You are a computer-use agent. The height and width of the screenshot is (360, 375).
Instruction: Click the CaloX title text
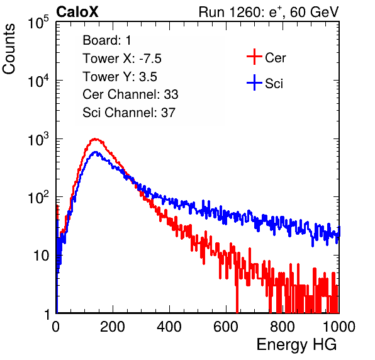[x=77, y=12]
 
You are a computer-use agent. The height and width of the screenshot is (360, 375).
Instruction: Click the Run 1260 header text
[x=269, y=12]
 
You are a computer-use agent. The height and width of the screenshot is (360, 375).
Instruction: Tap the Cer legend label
[x=275, y=58]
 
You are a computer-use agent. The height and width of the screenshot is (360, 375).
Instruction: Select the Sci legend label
[x=274, y=84]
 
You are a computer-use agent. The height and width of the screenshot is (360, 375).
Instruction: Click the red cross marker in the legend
[x=254, y=57]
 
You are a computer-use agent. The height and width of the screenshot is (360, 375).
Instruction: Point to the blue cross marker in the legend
[x=254, y=82]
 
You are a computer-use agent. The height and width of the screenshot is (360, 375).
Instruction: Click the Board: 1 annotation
[x=107, y=40]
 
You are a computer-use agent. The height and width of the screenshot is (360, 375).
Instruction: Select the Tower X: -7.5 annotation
[x=122, y=59]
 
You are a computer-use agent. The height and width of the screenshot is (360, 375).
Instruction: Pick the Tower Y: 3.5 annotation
[x=120, y=77]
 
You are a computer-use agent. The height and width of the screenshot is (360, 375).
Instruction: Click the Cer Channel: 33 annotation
[x=130, y=94]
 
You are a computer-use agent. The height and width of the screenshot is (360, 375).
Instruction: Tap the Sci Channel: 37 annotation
[x=129, y=113]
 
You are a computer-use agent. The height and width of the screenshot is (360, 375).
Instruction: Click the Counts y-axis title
[x=9, y=49]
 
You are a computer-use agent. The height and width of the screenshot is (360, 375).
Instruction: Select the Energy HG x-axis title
[x=296, y=345]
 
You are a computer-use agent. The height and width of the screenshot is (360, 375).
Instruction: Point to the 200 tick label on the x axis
[x=113, y=327]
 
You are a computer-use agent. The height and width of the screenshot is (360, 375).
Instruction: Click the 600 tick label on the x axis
[x=226, y=327]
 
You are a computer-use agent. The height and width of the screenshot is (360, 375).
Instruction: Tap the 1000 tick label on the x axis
[x=339, y=327]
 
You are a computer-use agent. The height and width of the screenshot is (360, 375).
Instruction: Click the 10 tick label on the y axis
[x=41, y=256]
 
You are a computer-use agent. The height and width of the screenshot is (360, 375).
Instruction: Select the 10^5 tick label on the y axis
[x=38, y=22]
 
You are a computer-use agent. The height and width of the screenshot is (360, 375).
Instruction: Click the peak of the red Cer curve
[x=95, y=138]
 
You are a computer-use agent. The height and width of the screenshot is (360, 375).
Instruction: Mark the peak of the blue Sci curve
[x=96, y=152]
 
